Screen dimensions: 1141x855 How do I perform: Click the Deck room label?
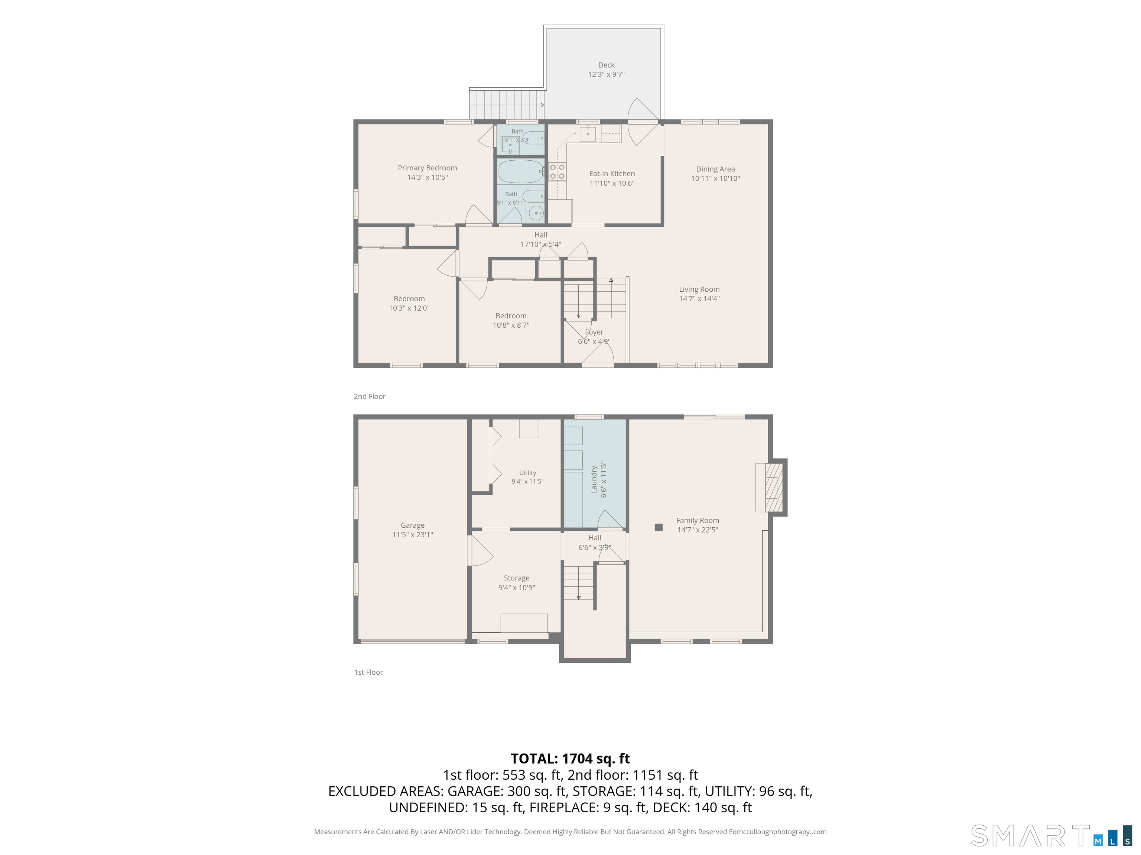click(606, 65)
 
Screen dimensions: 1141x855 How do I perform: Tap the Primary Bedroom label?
click(427, 168)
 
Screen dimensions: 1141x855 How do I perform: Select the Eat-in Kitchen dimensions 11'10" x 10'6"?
click(612, 183)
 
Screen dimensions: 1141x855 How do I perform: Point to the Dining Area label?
click(715, 169)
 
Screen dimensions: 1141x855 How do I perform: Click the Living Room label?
click(699, 289)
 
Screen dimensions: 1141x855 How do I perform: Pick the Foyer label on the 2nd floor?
click(594, 332)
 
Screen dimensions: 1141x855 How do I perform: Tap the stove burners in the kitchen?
click(557, 171)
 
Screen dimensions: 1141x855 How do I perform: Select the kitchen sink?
click(588, 134)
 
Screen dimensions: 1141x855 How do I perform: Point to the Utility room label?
click(527, 473)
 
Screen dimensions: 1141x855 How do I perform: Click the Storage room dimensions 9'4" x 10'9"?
click(516, 587)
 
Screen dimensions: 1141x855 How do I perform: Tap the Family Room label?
click(698, 521)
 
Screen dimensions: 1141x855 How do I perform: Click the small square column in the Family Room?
click(658, 527)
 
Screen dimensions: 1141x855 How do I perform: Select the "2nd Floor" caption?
click(369, 396)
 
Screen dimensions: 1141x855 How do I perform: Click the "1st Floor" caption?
click(368, 672)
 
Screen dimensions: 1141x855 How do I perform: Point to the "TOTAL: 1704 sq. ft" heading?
click(570, 759)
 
